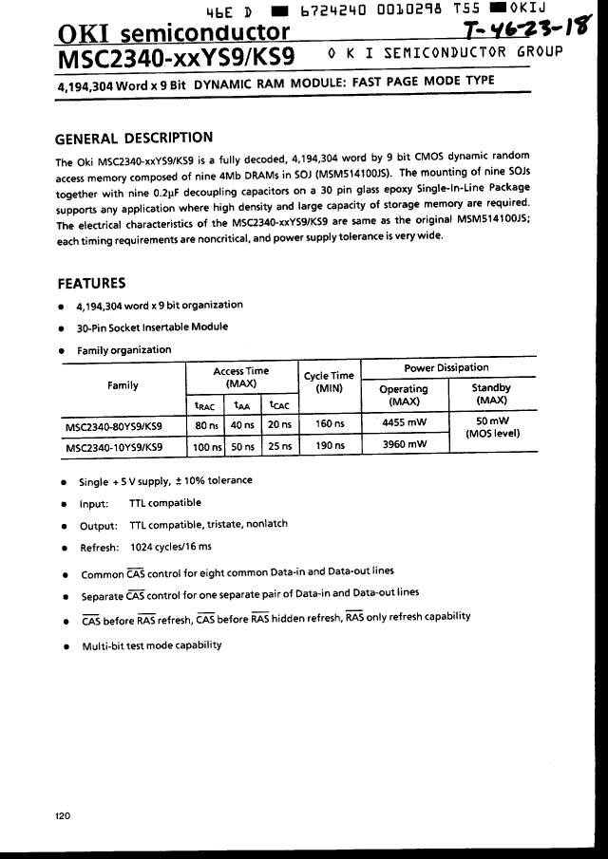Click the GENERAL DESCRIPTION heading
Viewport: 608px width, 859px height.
point(134,138)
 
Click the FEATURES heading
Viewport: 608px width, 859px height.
point(91,283)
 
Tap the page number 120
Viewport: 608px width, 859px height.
point(64,815)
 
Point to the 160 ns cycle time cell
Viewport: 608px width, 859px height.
point(329,424)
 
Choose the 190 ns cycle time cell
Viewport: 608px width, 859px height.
point(329,445)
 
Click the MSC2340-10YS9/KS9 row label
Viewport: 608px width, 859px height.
point(113,445)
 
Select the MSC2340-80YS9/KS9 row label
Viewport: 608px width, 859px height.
point(113,425)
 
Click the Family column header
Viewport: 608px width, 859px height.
point(123,385)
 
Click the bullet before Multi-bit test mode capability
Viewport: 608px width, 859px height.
point(64,646)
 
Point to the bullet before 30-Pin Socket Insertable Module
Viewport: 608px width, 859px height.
point(62,328)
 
